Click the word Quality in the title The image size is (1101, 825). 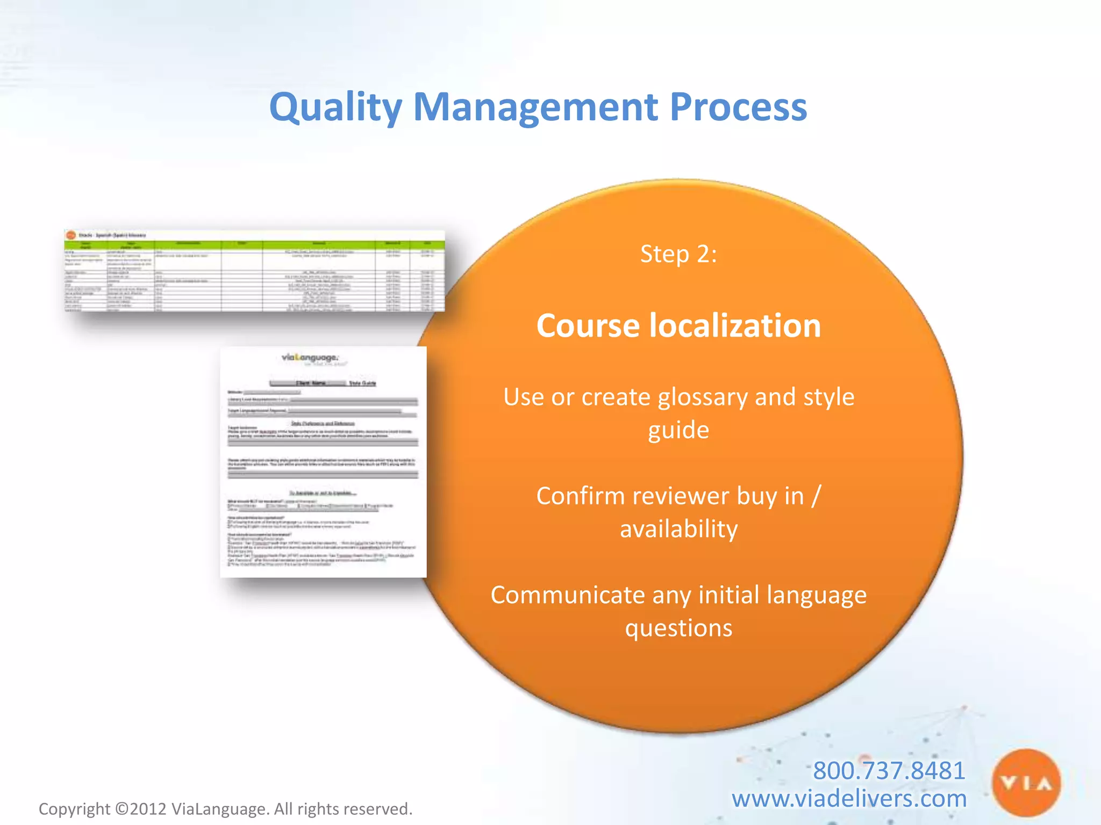335,107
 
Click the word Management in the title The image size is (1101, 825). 535,107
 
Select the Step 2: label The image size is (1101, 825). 678,254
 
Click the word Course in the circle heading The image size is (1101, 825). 588,325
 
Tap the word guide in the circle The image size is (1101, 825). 678,430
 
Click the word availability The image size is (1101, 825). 678,529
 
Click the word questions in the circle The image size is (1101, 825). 678,628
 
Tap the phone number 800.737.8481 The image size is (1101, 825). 889,770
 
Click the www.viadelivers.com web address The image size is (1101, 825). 849,799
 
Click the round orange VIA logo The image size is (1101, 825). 1026,783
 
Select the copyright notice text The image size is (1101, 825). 225,809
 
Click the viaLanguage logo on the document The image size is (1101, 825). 311,358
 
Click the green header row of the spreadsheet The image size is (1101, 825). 254,245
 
